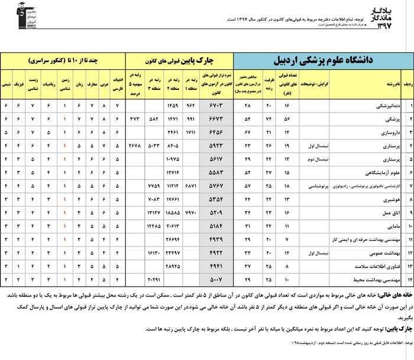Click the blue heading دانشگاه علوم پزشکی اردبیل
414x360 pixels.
coord(324,60)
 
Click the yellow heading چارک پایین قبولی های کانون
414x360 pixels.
coord(180,60)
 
